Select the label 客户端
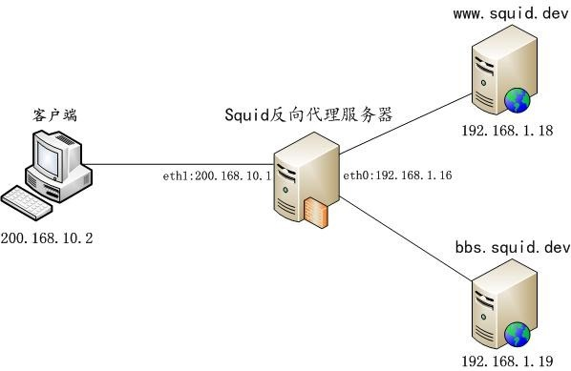pos(51,115)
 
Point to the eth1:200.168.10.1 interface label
pos(219,176)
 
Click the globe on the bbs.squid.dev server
pos(518,333)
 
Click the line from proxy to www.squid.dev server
pos(401,125)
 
